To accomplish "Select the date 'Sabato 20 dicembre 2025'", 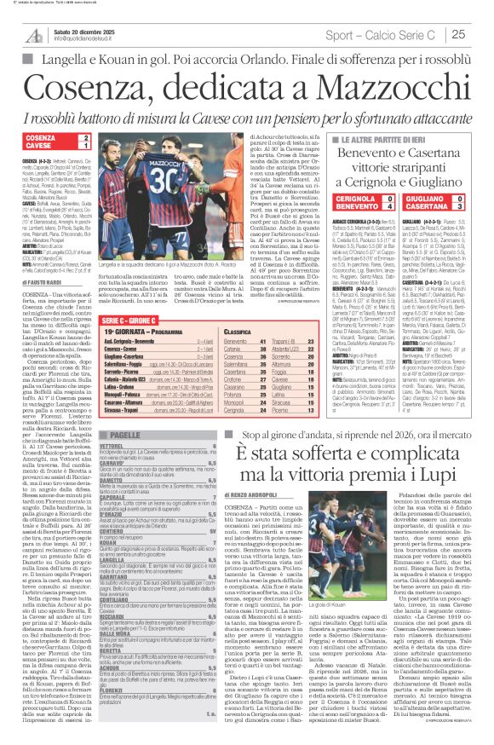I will pos(86,31).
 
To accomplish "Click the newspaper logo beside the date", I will pos(33,35).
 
